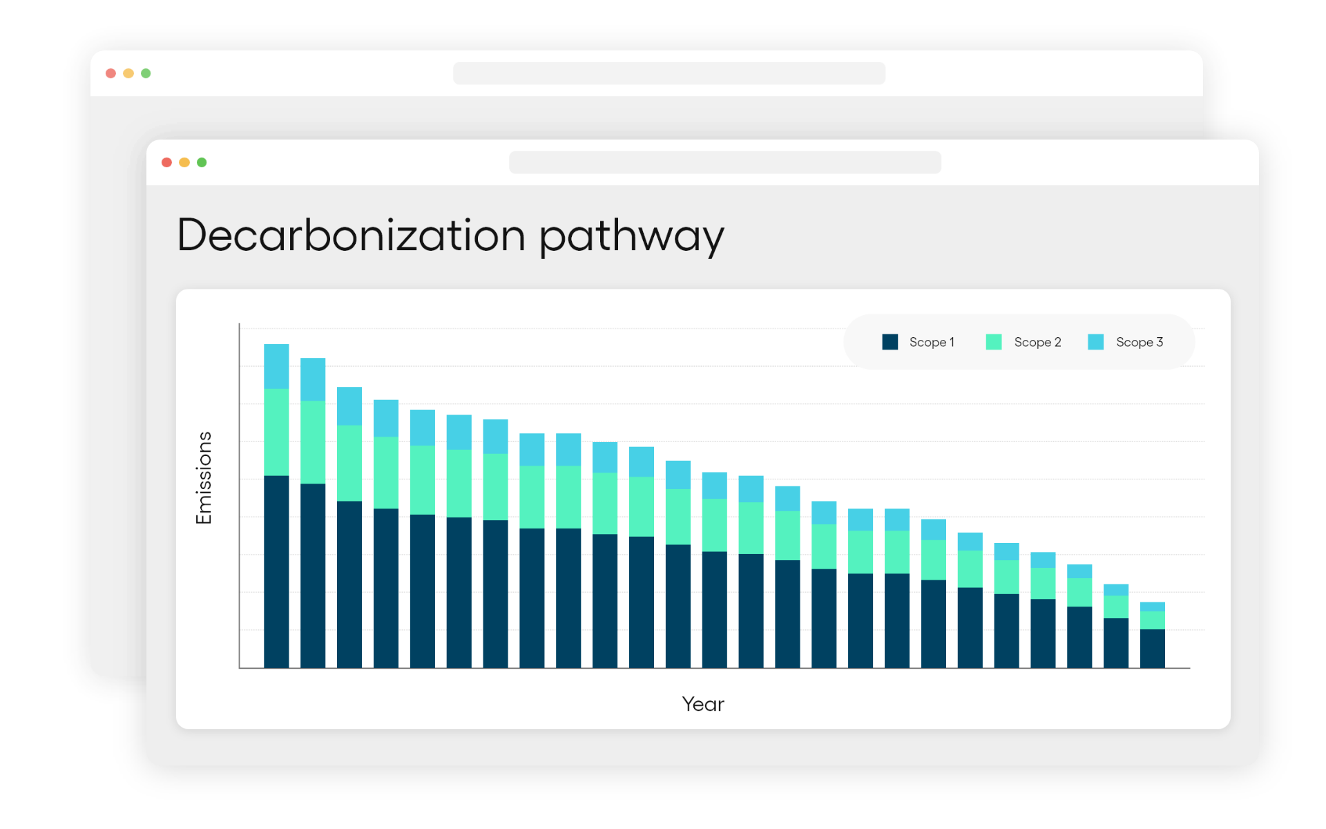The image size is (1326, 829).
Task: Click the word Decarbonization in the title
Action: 352,235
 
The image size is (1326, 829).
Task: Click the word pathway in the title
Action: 631,237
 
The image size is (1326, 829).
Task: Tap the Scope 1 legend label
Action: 932,342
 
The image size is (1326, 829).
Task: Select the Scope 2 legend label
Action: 1037,342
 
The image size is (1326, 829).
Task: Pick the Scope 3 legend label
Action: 1140,342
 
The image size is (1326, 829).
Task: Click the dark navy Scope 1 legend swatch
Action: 890,342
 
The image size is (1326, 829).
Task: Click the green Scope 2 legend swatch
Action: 994,342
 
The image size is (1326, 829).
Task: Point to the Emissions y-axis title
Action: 204,478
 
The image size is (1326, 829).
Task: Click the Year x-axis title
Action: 703,704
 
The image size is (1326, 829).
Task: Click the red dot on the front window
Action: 166,162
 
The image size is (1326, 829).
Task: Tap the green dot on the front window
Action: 202,162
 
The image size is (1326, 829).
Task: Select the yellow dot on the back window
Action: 128,73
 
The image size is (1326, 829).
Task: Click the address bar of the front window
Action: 725,162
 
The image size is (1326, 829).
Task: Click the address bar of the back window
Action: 669,73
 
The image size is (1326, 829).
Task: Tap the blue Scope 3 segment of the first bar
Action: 276,366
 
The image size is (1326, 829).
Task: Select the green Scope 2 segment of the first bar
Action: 276,432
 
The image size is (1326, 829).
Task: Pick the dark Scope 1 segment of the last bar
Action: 1153,649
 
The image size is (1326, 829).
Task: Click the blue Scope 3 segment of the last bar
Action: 1153,607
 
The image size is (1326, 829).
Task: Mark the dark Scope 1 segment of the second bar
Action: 313,575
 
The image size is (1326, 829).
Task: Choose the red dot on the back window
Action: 110,73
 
